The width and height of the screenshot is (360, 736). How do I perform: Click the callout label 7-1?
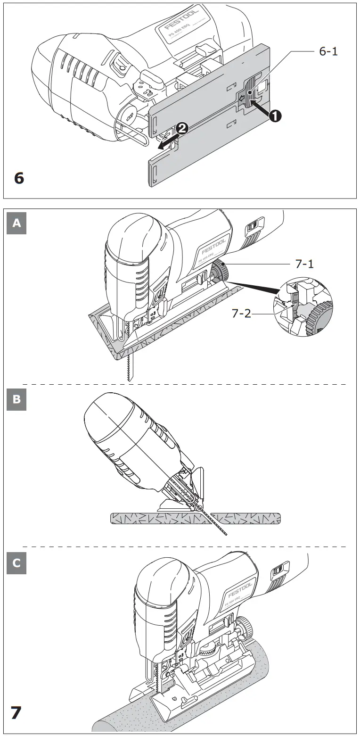pos(305,265)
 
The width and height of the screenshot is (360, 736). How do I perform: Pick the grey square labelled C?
pos(16,563)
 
